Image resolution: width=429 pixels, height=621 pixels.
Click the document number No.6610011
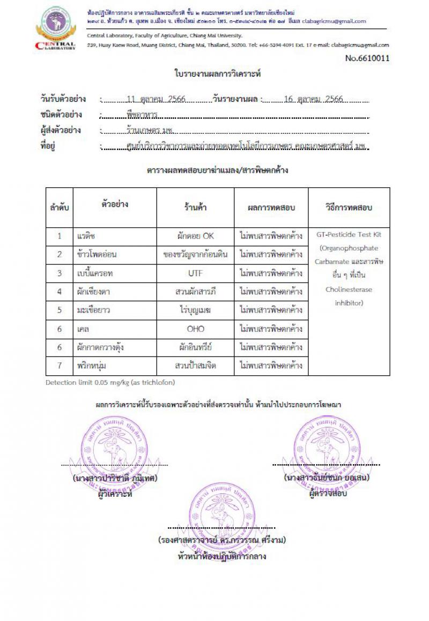(368, 58)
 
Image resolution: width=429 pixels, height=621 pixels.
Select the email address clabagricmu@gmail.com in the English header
(360, 46)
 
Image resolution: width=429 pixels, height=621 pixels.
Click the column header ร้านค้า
(195, 207)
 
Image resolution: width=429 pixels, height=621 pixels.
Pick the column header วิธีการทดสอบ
(349, 207)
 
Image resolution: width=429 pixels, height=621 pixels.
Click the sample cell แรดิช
(85, 236)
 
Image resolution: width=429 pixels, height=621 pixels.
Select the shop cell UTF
(195, 273)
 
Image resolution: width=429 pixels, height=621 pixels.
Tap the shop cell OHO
(195, 329)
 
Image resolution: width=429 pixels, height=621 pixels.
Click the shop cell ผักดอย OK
(195, 236)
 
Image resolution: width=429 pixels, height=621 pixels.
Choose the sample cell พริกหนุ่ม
(91, 366)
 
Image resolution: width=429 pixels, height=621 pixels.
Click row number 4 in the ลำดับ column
(60, 292)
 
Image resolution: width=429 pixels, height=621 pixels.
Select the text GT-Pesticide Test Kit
(349, 234)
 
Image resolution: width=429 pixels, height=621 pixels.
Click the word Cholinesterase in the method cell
(349, 289)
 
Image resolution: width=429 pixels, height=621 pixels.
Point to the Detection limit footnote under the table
(110, 382)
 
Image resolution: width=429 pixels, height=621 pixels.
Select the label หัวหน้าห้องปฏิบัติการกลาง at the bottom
(221, 556)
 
